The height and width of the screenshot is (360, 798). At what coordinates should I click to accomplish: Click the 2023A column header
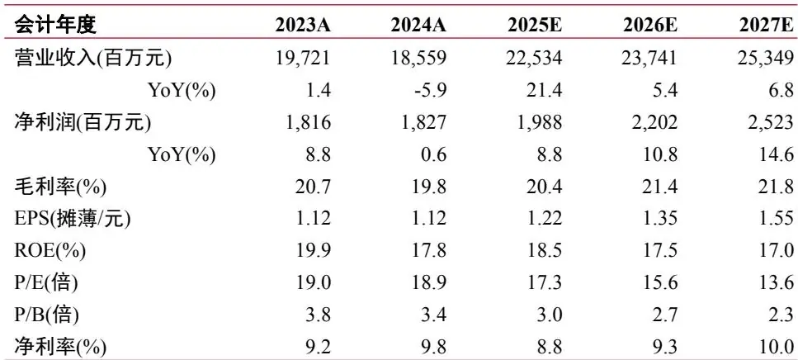(303, 25)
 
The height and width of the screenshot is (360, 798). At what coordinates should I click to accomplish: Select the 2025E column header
(535, 25)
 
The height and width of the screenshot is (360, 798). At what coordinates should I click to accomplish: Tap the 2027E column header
(767, 25)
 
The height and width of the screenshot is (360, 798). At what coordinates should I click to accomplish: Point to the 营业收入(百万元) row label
(93, 58)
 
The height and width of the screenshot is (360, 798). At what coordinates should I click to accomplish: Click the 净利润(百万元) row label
(83, 123)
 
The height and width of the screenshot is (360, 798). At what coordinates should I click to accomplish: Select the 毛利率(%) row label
(60, 187)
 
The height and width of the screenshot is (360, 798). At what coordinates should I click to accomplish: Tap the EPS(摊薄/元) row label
(73, 219)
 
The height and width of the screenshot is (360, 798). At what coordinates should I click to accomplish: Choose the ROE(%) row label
(50, 251)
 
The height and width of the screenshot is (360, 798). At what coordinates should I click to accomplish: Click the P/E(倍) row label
(46, 283)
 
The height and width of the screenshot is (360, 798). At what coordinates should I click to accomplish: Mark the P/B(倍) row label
(46, 315)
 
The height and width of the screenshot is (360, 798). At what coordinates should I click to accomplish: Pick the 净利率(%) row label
(60, 348)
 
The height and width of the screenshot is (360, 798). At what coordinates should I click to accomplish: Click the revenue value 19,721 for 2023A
(304, 58)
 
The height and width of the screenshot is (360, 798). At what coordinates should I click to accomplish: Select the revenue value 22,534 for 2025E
(535, 58)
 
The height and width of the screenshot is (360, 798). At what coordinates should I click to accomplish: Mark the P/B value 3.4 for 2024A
(435, 315)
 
